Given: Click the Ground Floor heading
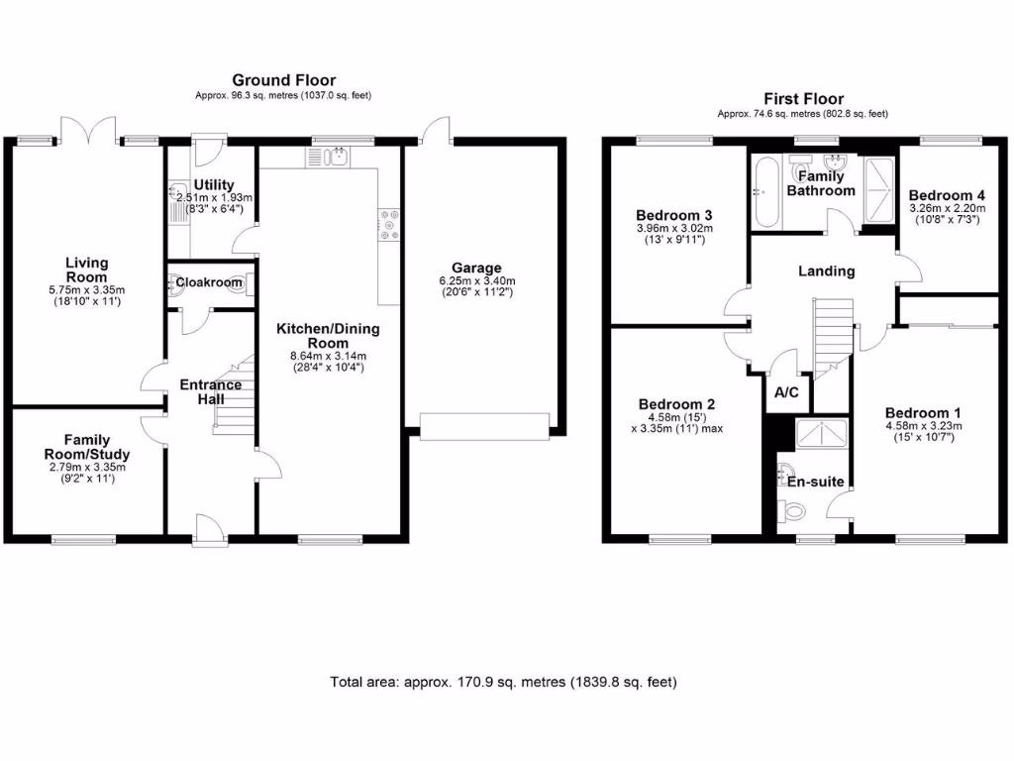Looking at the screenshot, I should pyautogui.click(x=283, y=80).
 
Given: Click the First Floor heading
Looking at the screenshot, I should pyautogui.click(x=803, y=98).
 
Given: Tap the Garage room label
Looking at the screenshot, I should pyautogui.click(x=476, y=268).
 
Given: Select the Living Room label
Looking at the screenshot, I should pyautogui.click(x=87, y=271).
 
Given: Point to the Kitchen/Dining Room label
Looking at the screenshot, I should pyautogui.click(x=327, y=336).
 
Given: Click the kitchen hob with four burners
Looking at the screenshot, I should pyautogui.click(x=388, y=225).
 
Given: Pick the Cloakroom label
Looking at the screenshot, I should pyautogui.click(x=209, y=282).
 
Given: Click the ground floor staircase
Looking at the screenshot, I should pyautogui.click(x=235, y=396).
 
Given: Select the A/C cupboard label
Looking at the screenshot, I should pyautogui.click(x=786, y=393).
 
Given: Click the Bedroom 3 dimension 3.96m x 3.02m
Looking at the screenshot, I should pyautogui.click(x=674, y=229).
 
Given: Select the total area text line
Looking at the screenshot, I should pyautogui.click(x=503, y=682).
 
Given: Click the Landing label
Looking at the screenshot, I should pyautogui.click(x=827, y=271).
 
